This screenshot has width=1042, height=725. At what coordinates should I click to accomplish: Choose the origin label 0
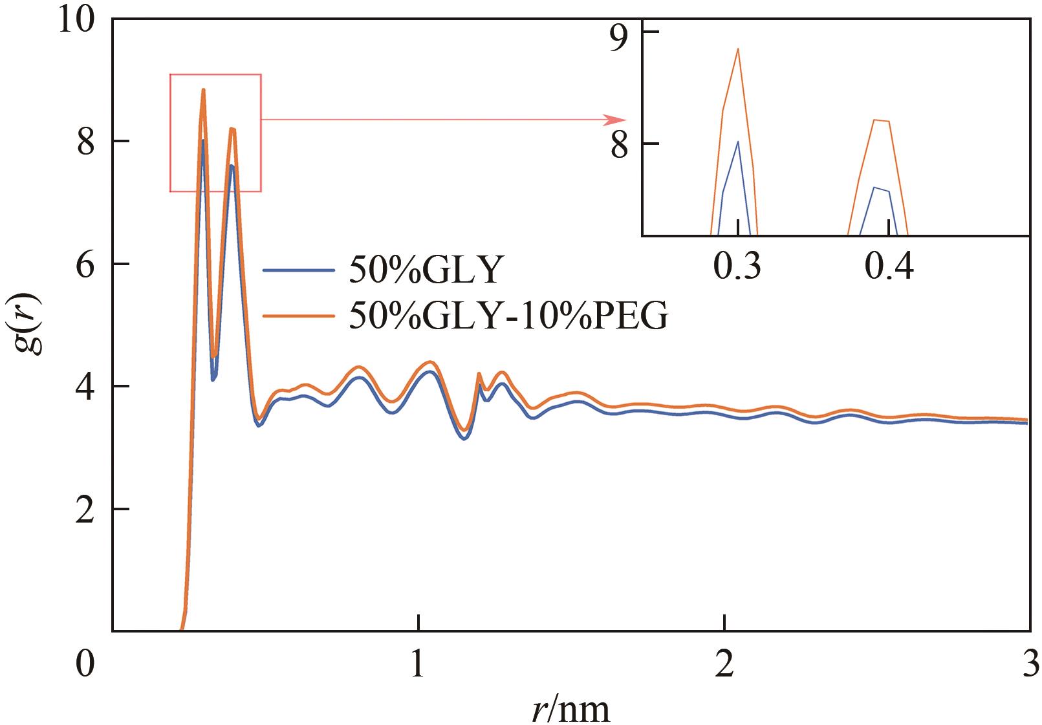click(x=85, y=664)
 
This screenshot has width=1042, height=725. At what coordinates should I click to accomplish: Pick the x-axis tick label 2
click(x=724, y=664)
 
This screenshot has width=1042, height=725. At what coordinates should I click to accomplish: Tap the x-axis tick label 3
click(x=1028, y=664)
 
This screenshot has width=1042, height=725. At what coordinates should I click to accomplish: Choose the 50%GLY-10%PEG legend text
click(x=508, y=316)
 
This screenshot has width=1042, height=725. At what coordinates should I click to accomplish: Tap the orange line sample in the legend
click(x=299, y=316)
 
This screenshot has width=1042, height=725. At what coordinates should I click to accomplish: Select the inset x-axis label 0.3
click(x=737, y=266)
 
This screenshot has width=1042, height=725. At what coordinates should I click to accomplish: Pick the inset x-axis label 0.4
click(x=890, y=266)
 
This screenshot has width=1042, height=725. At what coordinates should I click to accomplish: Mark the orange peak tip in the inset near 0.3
click(x=737, y=49)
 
